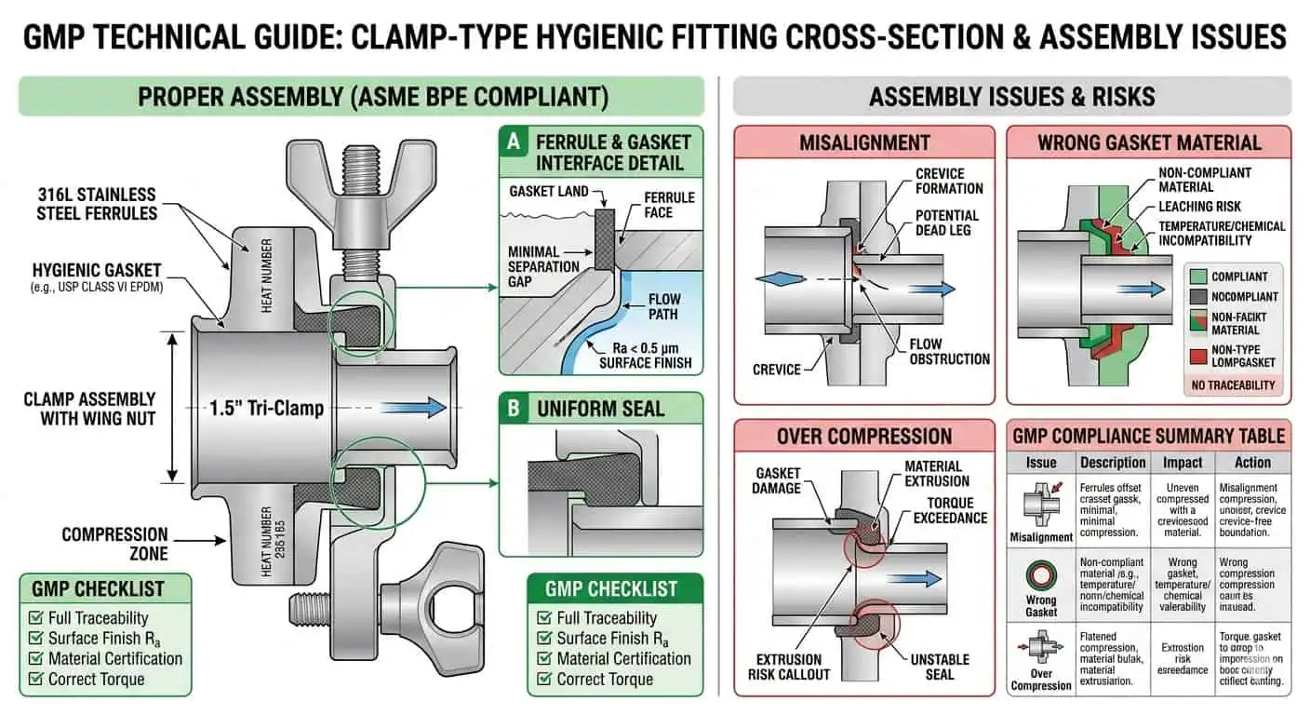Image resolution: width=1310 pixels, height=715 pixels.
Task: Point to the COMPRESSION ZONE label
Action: pos(114,544)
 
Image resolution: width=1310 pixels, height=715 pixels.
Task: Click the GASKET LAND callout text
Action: pos(549,191)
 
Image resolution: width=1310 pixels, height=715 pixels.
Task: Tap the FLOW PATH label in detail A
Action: pos(664,307)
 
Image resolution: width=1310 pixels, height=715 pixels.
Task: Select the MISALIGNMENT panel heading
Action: pos(864,142)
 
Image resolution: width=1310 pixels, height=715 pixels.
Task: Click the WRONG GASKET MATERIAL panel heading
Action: pos(1149,142)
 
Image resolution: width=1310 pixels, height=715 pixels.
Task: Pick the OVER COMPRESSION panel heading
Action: pos(864,437)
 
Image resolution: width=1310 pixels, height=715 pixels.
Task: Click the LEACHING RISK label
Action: pos(1199,206)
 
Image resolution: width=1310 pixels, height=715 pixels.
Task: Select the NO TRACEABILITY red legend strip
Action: pos(1233,384)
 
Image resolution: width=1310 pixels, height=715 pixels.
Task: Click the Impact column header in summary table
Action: pos(1183,462)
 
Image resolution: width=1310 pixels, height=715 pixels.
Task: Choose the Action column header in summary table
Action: pos(1252,462)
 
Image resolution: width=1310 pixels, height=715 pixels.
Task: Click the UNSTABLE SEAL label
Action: pos(940,668)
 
